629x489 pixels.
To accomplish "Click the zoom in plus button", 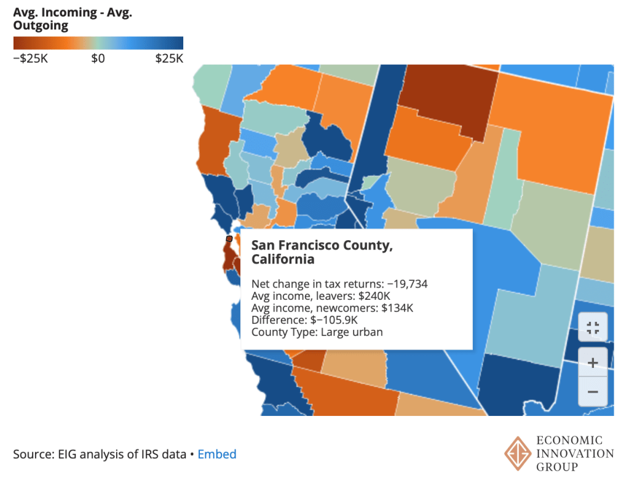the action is coord(593,362).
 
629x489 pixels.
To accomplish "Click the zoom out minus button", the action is coord(593,391).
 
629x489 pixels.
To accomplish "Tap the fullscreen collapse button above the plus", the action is coord(593,327).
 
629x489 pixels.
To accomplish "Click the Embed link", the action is coord(217,454).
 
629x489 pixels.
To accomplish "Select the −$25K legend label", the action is coord(31,58).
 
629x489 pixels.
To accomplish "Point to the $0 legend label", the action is coord(98,58).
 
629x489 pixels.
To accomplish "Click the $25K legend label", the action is coord(169,58).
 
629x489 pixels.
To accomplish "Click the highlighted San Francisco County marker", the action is coord(229,238).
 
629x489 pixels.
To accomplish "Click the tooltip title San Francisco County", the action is coord(322,245).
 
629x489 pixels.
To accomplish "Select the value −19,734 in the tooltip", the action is coord(407,284).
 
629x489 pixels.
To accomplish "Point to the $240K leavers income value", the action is coord(374,296).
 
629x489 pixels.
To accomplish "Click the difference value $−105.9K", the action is coord(334,320).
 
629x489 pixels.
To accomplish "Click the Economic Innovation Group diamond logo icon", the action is coord(518,453).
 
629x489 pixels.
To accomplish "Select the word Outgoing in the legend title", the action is coord(41,25).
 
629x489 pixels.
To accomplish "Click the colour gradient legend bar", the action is coord(98,43).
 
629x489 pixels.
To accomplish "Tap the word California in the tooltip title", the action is coord(283,259).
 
